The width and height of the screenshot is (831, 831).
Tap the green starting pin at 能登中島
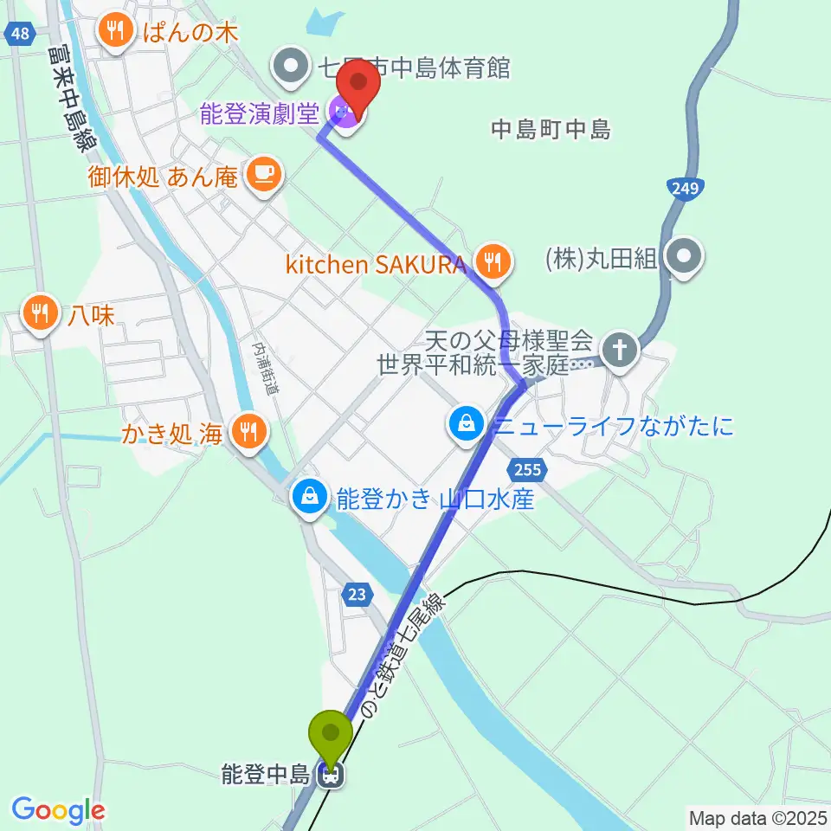(331, 735)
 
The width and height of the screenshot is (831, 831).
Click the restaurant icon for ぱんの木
(113, 32)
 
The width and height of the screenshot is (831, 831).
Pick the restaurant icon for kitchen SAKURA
(493, 263)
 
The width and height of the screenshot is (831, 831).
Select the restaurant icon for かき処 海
(248, 431)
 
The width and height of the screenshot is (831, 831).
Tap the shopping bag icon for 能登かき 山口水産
(308, 498)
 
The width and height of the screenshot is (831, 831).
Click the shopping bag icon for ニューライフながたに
(467, 424)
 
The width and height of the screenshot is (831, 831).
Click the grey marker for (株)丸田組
(686, 256)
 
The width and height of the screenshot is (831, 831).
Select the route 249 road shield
(687, 188)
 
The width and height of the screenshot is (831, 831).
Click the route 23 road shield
(357, 595)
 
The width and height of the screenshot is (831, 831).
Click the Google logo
(57, 810)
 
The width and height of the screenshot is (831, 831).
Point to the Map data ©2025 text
(757, 817)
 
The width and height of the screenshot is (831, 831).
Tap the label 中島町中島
(551, 130)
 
